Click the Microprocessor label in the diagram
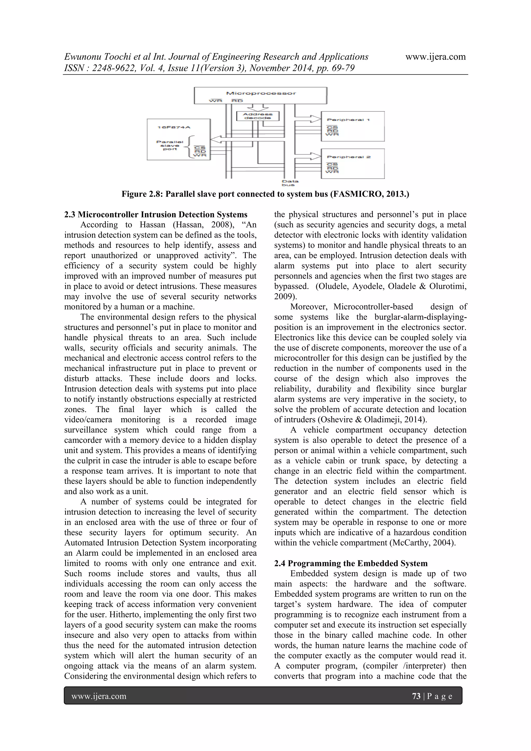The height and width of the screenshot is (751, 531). pos(261,93)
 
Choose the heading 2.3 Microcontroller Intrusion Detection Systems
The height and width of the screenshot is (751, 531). pos(156,215)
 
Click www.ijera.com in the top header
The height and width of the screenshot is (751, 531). pos(435,57)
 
